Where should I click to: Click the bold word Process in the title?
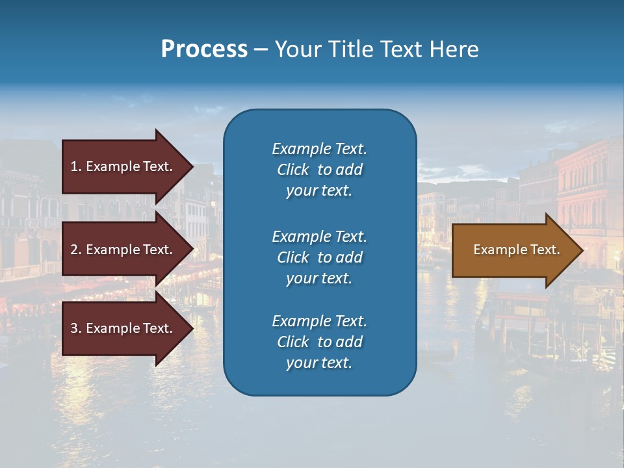click(x=204, y=49)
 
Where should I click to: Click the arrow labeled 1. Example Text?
click(x=123, y=166)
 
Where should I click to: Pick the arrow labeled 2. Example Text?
click(x=123, y=250)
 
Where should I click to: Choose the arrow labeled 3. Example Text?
click(x=123, y=328)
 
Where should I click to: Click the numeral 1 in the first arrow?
click(x=74, y=166)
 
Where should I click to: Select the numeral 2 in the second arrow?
click(x=74, y=250)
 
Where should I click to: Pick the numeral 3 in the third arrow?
click(x=74, y=328)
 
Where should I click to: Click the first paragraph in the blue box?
click(x=319, y=170)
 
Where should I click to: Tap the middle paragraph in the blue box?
click(x=319, y=257)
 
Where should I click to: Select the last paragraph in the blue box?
click(x=319, y=342)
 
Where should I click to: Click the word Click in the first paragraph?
click(x=293, y=170)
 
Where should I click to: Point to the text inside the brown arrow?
click(x=516, y=250)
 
